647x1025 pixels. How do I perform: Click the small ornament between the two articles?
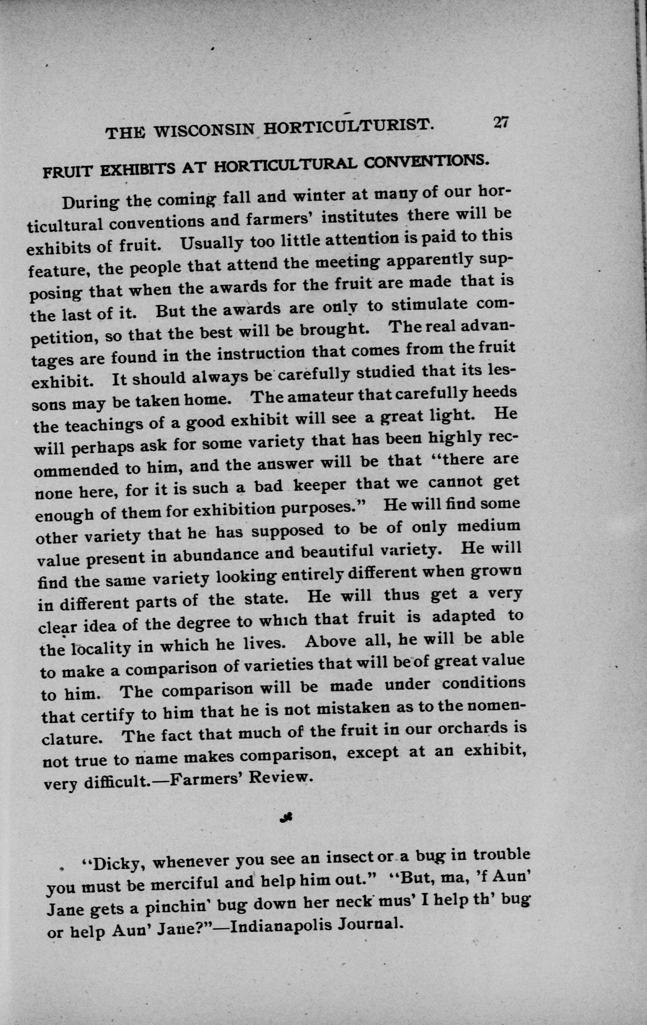point(286,829)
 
